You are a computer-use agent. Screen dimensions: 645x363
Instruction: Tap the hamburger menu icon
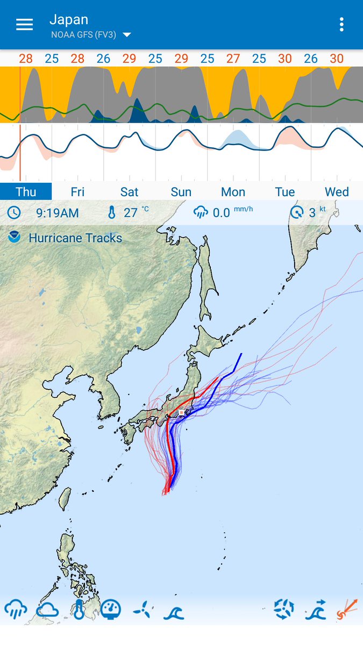[x=24, y=25]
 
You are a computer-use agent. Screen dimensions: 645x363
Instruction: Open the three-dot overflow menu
[x=341, y=25]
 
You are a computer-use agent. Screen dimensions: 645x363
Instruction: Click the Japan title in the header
[x=69, y=20]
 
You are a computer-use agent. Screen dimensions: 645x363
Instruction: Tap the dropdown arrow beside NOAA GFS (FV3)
[x=127, y=35]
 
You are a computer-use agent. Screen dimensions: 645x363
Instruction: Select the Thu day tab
[x=26, y=192]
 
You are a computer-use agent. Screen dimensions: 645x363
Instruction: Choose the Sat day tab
[x=129, y=192]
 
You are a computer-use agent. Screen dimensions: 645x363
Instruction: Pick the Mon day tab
[x=233, y=192]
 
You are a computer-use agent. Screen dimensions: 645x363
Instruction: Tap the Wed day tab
[x=337, y=192]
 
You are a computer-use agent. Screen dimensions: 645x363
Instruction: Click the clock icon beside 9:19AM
[x=14, y=213]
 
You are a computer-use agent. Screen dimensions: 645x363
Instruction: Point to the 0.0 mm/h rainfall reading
[x=222, y=213]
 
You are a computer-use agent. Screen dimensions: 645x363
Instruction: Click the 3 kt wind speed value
[x=312, y=213]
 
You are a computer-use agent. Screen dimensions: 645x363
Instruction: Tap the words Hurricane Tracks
[x=75, y=238]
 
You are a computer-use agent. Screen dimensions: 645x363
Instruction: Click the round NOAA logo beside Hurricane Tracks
[x=15, y=237]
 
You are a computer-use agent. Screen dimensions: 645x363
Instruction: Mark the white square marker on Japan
[x=182, y=412]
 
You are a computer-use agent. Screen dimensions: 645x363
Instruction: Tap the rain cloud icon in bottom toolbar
[x=16, y=610]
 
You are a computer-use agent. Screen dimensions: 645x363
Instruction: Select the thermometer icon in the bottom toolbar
[x=79, y=610]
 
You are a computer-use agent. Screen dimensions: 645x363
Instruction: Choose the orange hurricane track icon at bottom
[x=347, y=610]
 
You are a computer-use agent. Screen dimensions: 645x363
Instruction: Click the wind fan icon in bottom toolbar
[x=143, y=610]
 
